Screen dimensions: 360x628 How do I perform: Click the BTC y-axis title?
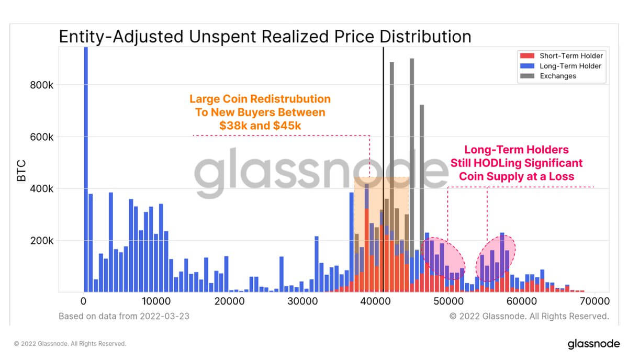tap(21, 170)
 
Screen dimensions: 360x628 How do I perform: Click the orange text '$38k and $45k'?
tap(260, 126)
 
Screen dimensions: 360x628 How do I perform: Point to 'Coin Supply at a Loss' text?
tap(517, 176)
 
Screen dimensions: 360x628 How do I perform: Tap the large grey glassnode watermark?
tap(314, 170)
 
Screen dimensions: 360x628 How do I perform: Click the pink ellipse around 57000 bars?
tap(495, 258)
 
